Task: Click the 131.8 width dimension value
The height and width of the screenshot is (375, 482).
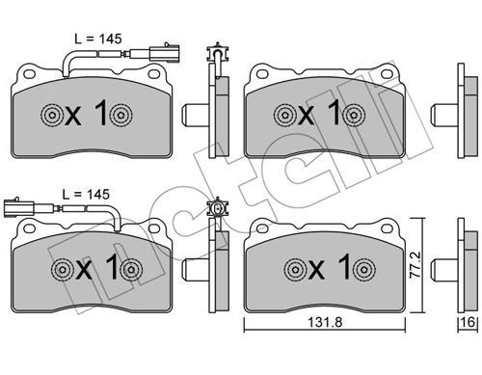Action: click(x=325, y=322)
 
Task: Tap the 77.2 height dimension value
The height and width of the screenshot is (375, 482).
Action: click(x=415, y=265)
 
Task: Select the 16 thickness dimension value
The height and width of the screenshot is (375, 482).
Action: click(x=468, y=322)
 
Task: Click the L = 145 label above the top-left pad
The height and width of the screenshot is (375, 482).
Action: click(x=98, y=40)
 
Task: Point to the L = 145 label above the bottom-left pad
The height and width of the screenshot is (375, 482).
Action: click(x=86, y=195)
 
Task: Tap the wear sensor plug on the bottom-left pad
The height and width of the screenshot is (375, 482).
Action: click(x=19, y=208)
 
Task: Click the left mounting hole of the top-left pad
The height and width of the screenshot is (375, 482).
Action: click(x=29, y=74)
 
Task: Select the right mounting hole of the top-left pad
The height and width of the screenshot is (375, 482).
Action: click(x=153, y=74)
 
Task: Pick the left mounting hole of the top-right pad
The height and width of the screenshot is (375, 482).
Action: click(x=262, y=74)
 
